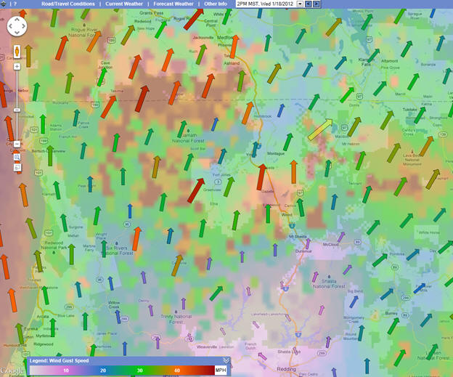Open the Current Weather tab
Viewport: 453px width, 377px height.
125,4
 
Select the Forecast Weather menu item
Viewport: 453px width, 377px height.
174,4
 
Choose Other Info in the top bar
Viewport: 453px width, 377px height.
215,4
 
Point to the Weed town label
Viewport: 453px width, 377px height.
286,214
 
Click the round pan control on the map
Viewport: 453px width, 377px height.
17,28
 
